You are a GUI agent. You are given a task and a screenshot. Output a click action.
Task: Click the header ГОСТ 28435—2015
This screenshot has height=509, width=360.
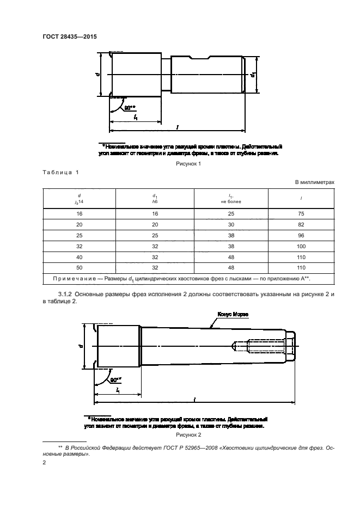point(66,36)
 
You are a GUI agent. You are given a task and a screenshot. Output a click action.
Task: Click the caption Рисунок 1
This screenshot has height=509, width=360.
point(187,163)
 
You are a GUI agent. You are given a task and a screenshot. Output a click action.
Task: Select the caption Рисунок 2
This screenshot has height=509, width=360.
point(187,435)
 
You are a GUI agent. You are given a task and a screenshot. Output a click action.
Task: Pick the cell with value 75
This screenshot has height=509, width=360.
point(302,214)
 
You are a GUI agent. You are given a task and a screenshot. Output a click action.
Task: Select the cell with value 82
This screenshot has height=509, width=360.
point(302,225)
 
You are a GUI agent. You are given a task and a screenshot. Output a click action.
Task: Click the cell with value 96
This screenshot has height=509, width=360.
point(302,235)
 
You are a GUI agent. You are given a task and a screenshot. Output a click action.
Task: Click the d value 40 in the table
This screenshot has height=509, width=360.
point(79,256)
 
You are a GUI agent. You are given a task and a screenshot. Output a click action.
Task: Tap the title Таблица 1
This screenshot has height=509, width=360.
point(60,173)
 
